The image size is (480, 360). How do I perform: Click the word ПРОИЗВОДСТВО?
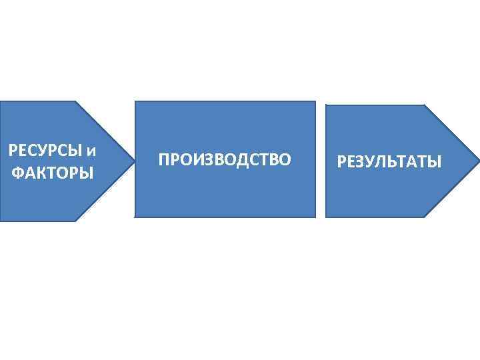click(x=225, y=160)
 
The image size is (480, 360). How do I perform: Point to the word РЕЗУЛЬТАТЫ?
click(x=389, y=161)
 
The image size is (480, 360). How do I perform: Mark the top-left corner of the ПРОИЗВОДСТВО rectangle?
click(x=135, y=102)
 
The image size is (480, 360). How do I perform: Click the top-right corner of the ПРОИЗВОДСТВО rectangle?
click(x=315, y=102)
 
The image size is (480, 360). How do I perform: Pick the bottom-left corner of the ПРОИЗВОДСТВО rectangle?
click(x=135, y=217)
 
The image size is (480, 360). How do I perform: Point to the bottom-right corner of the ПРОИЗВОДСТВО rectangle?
click(x=315, y=217)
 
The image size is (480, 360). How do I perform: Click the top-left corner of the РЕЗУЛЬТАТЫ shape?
click(x=326, y=105)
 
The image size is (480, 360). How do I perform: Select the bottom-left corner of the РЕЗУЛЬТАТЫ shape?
click(x=326, y=217)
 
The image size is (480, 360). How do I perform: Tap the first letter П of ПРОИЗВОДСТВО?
click(x=164, y=160)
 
